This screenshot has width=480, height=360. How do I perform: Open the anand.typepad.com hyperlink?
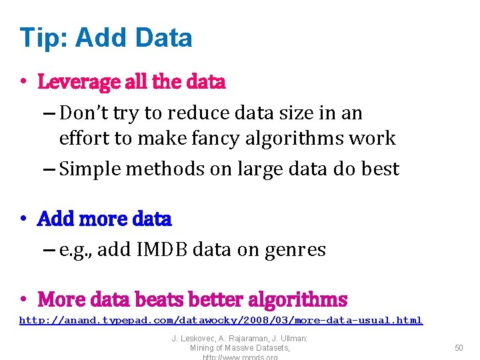[221, 321]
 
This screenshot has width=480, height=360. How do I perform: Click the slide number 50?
[459, 347]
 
